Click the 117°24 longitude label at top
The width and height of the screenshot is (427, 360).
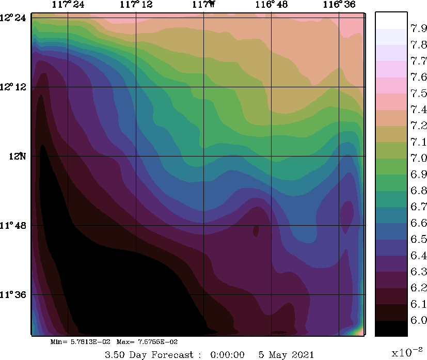[69, 5]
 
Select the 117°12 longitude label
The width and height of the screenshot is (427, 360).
[136, 5]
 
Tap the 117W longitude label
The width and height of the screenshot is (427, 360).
[203, 5]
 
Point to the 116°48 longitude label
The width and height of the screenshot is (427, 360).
[271, 5]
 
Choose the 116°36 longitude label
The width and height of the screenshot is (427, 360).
[339, 5]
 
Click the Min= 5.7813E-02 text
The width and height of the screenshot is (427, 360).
[80, 342]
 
